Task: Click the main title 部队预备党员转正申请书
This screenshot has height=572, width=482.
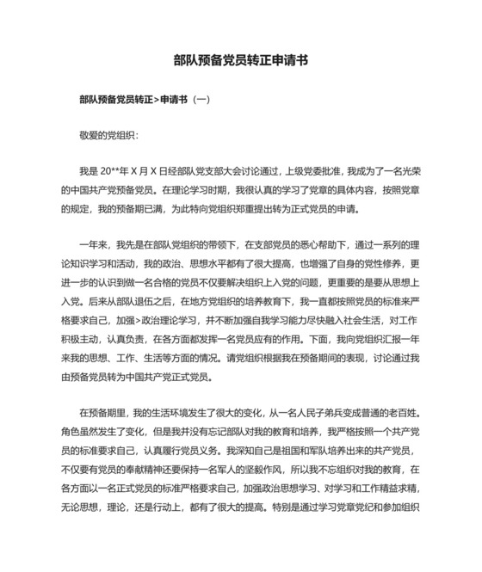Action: tap(240, 62)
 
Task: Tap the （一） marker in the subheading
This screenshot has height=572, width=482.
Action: tap(200, 100)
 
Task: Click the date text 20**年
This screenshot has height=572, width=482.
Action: tap(115, 172)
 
